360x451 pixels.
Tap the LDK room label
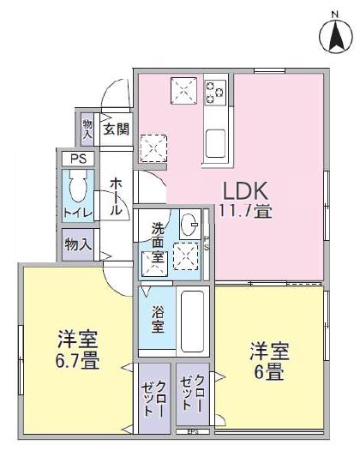pyautogui.click(x=247, y=190)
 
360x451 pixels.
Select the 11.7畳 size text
pyautogui.click(x=247, y=210)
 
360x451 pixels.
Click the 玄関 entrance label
pyautogui.click(x=117, y=130)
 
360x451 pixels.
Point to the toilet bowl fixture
pyautogui.click(x=76, y=188)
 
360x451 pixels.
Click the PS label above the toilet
pyautogui.click(x=78, y=159)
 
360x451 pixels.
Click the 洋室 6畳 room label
pyautogui.click(x=269, y=362)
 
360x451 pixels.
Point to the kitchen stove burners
pyautogui.click(x=214, y=90)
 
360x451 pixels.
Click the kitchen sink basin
pyautogui.click(x=214, y=141)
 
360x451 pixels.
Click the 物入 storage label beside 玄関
pyautogui.click(x=88, y=129)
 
